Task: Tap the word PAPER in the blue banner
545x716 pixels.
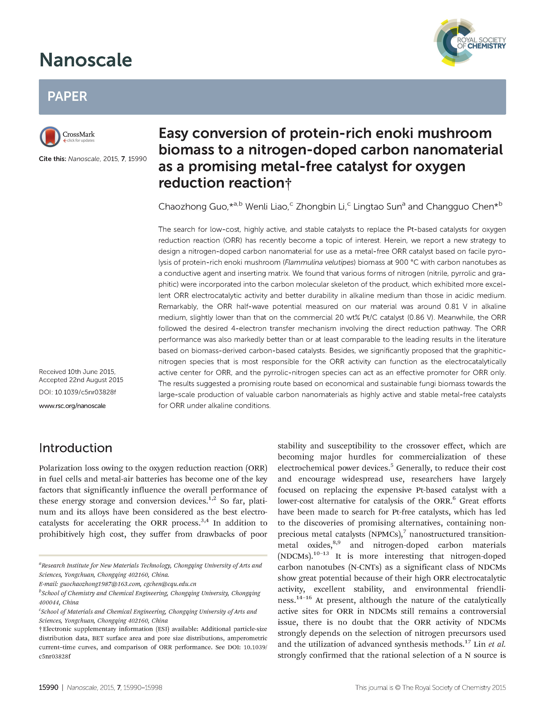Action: (67, 96)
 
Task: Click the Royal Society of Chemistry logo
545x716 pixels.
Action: (470, 42)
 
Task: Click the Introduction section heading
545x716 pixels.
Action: (76, 448)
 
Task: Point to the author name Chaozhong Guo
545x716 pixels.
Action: (193, 207)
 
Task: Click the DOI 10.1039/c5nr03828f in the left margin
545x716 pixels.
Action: (85, 392)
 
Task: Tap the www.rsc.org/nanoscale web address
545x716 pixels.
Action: (72, 406)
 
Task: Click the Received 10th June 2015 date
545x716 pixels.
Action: (77, 372)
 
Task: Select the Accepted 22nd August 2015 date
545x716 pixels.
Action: (81, 380)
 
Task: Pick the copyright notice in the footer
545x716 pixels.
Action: (430, 687)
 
